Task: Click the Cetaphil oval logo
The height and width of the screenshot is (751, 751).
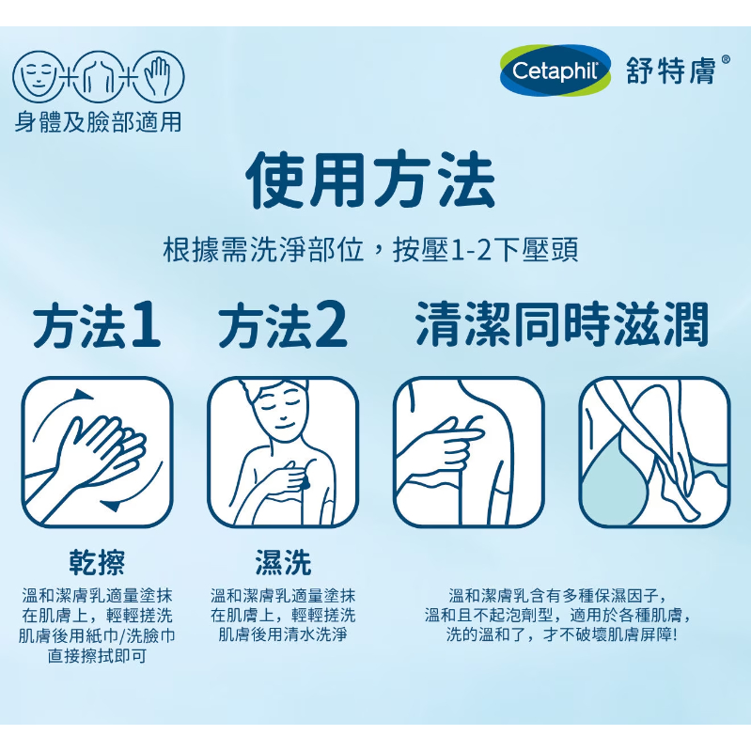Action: [x=555, y=70]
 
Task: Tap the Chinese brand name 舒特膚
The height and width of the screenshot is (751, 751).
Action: [x=670, y=70]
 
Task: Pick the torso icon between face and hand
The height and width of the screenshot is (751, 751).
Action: [x=98, y=78]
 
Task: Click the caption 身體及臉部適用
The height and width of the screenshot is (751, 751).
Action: [x=98, y=122]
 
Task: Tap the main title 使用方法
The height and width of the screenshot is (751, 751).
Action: [x=369, y=180]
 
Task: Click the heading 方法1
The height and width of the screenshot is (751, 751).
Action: [x=96, y=325]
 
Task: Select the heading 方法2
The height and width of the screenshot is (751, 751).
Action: [x=283, y=325]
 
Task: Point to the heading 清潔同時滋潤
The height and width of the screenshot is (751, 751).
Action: [x=561, y=324]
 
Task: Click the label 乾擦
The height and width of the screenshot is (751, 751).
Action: [x=97, y=562]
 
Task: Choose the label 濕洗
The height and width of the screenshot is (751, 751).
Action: [x=283, y=562]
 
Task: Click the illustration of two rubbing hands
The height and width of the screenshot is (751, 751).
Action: [x=97, y=453]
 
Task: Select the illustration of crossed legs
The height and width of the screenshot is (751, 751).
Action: [x=655, y=453]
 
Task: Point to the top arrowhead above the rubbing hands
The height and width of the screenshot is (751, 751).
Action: [x=83, y=395]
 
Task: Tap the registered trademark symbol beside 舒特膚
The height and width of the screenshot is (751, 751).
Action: [x=725, y=60]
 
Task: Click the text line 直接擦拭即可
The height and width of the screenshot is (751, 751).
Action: [x=97, y=656]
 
